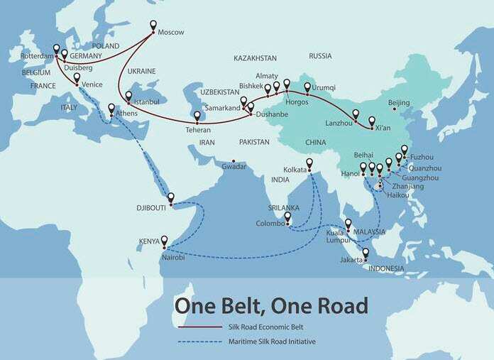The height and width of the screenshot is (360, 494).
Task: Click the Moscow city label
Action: (x=170, y=33)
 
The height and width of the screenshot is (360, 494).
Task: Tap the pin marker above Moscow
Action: (x=153, y=26)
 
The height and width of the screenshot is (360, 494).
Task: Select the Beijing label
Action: (x=398, y=103)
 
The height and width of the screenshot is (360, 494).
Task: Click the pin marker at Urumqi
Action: (x=307, y=88)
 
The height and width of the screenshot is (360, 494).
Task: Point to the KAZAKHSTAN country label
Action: (x=255, y=56)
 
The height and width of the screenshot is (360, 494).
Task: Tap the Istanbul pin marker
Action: (x=128, y=97)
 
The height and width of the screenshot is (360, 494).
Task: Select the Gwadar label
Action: (x=234, y=167)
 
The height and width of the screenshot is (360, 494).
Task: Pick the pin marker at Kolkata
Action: (x=309, y=163)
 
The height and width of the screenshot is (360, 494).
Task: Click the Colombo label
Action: (x=270, y=224)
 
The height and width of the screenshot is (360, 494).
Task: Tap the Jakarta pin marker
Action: (x=366, y=253)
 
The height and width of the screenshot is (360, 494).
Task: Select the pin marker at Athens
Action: (x=111, y=109)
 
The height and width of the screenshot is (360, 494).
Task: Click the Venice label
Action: (x=92, y=84)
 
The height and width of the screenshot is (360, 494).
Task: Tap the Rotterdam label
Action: (x=38, y=55)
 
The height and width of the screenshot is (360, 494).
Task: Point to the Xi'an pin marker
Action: (x=371, y=121)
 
